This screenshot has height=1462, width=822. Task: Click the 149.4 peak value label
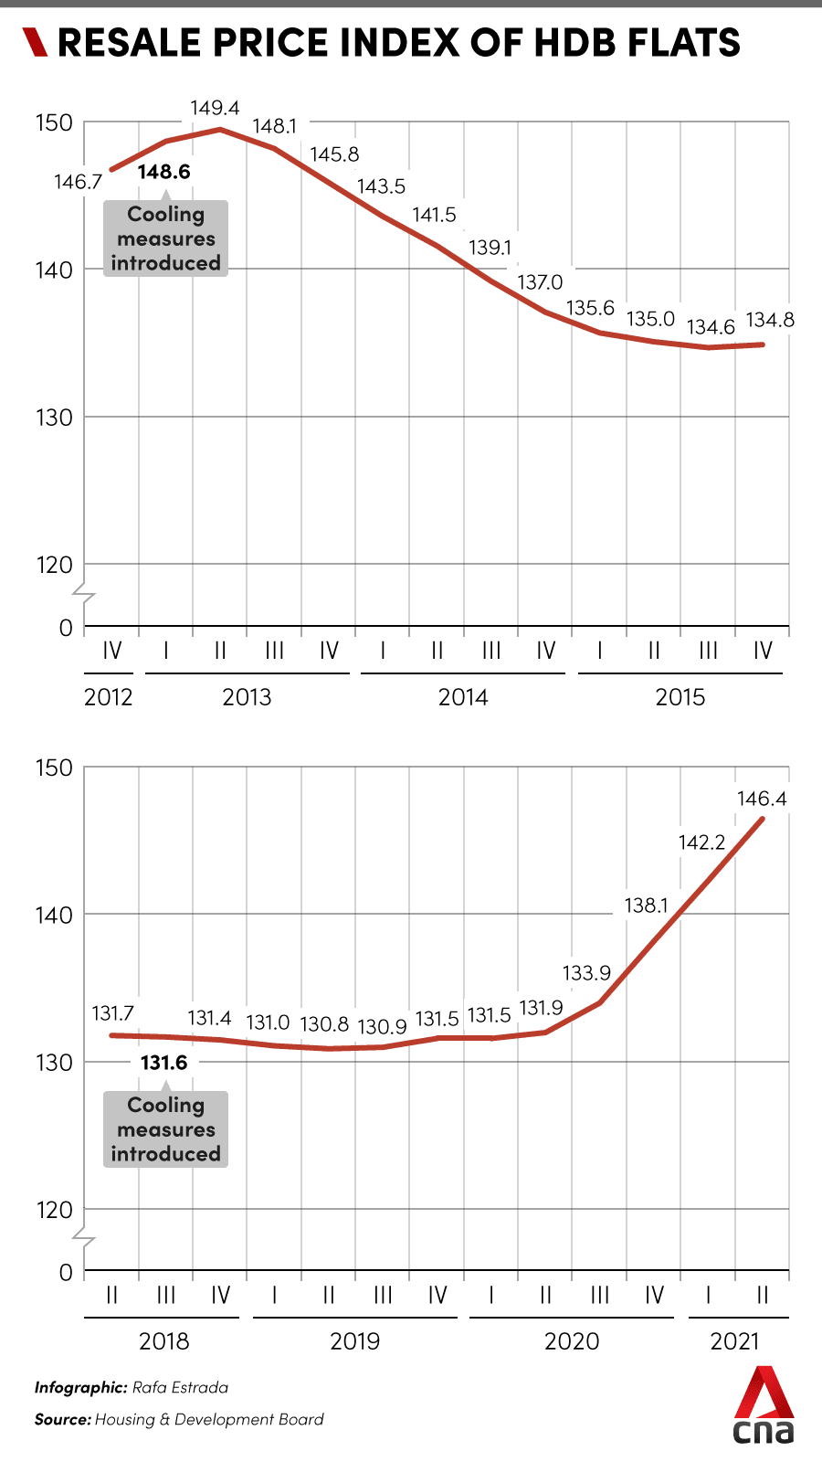click(215, 109)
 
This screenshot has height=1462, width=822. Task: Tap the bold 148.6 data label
click(164, 172)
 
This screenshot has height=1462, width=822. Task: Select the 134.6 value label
click(711, 327)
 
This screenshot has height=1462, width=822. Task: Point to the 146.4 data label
click(762, 799)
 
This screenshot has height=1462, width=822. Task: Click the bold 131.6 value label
click(164, 1062)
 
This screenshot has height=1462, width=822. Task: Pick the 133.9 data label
click(586, 973)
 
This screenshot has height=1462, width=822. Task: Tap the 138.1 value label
click(647, 906)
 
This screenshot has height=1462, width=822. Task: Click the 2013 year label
click(247, 697)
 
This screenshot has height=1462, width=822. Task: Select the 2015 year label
click(680, 697)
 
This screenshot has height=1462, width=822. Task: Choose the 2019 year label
click(354, 1341)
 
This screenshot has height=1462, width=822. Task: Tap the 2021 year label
click(735, 1341)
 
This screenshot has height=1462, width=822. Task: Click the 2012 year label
click(109, 697)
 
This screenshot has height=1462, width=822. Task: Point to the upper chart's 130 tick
click(54, 418)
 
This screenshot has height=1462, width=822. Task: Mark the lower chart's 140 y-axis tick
click(54, 915)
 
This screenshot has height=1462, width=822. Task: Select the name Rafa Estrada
click(180, 1387)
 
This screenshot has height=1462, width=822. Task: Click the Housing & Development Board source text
click(209, 1419)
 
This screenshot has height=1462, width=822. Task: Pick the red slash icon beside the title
click(35, 42)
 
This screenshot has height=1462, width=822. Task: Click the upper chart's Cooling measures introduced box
click(165, 238)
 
